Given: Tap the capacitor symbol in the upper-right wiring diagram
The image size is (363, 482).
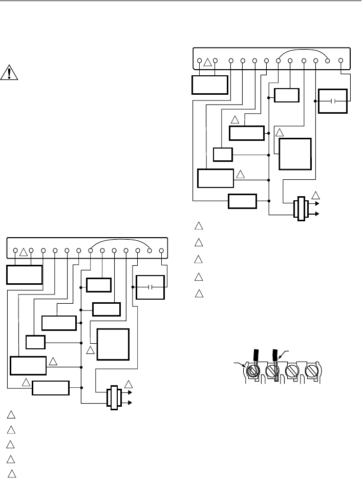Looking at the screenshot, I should pyautogui.click(x=333, y=101).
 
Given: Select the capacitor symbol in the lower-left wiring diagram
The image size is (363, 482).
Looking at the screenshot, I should pyautogui.click(x=151, y=287).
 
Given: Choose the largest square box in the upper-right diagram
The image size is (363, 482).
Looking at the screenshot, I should pyautogui.click(x=294, y=154).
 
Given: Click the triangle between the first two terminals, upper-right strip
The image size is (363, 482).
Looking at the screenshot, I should pyautogui.click(x=207, y=63).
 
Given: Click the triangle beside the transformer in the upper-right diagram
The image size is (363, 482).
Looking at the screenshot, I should pyautogui.click(x=315, y=195).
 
